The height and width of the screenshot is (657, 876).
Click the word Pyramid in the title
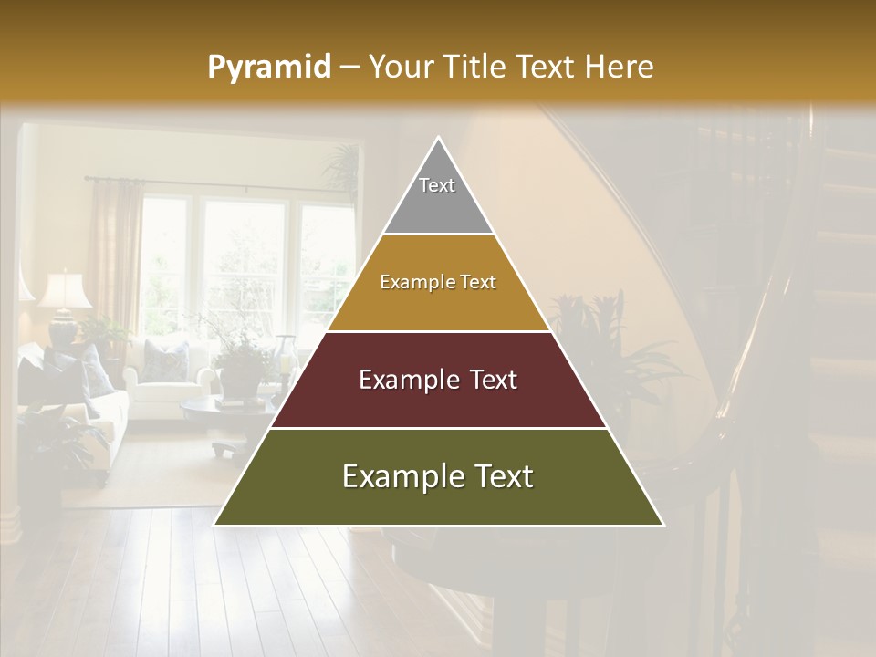(x=268, y=68)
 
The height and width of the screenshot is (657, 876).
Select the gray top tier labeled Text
(x=437, y=196)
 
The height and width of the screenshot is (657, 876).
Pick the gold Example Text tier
(x=438, y=283)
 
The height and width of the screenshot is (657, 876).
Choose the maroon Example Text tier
(x=438, y=381)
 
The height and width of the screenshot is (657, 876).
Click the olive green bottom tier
(x=438, y=477)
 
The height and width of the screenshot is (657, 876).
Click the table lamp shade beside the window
(x=65, y=291)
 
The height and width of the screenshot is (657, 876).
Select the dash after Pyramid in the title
(x=349, y=68)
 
